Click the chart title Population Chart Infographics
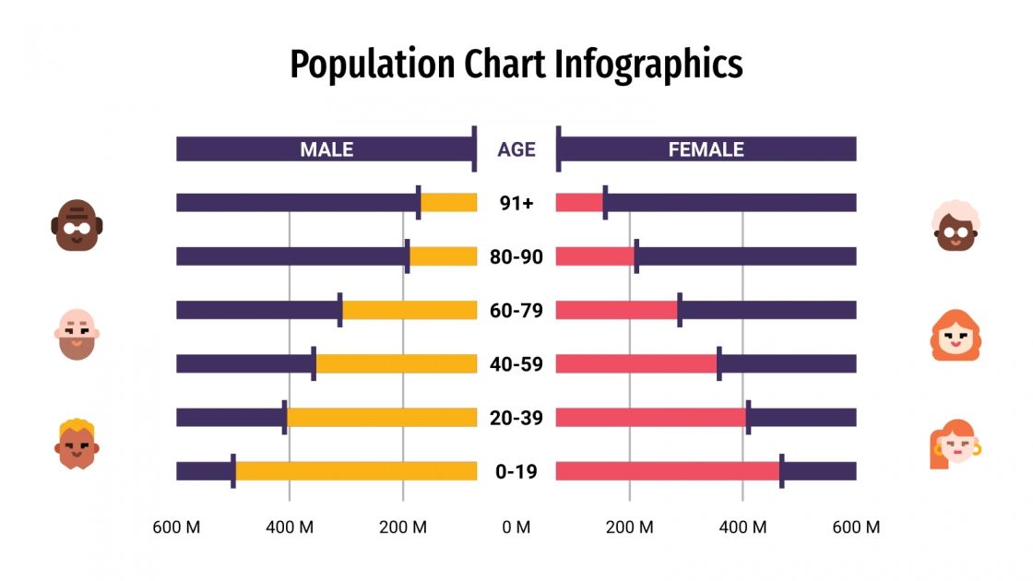point(516,65)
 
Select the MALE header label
point(327,149)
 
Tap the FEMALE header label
point(706,149)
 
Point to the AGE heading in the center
point(516,149)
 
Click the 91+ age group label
point(516,203)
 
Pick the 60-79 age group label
point(516,310)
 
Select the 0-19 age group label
point(516,471)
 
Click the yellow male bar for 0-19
point(355,471)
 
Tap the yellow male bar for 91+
point(448,203)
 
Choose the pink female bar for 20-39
point(650,418)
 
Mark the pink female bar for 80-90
point(595,256)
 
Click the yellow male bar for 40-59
point(396,364)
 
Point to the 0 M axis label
point(516,528)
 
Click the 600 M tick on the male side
point(177,528)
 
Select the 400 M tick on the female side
point(742,528)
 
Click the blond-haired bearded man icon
point(77,444)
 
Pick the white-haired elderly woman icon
point(956,226)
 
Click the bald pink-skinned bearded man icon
point(77,334)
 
